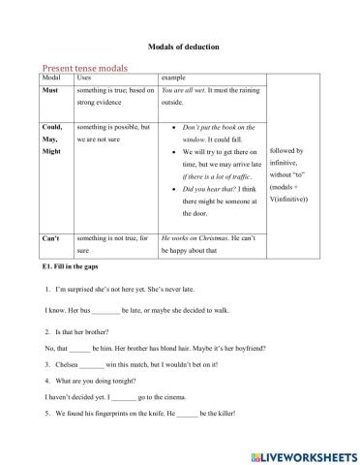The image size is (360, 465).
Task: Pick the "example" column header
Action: tap(173, 77)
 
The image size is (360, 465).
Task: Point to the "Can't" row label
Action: tap(54, 211)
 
